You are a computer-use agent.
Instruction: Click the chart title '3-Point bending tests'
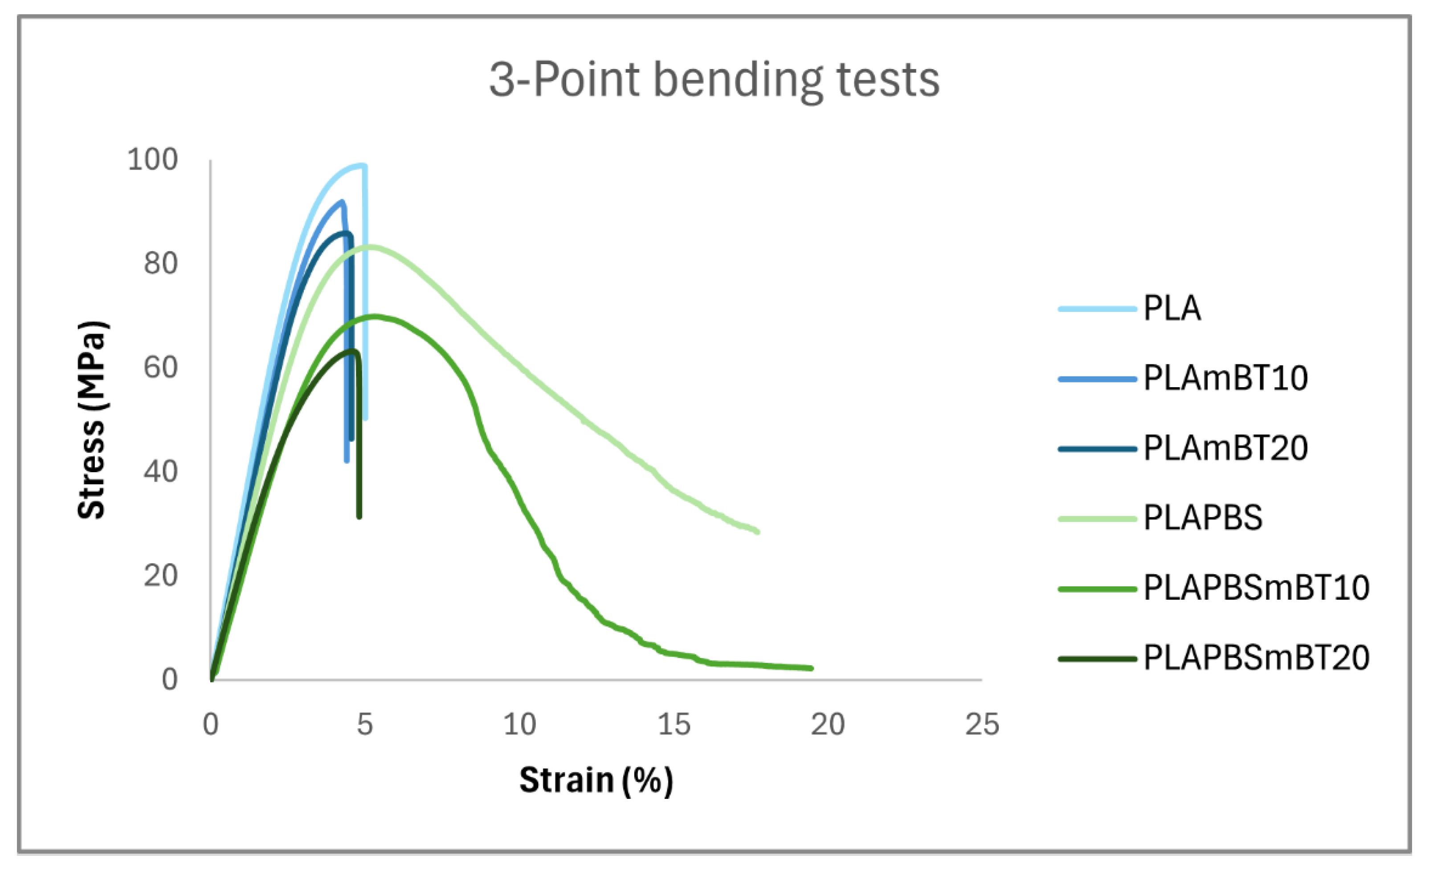[x=714, y=80]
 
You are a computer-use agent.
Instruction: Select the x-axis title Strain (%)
[x=596, y=780]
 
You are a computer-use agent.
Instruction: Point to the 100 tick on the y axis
[x=152, y=159]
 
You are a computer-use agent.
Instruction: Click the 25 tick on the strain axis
[x=982, y=724]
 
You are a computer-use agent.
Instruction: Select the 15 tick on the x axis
[x=674, y=724]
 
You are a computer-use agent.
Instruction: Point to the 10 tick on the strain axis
[x=519, y=724]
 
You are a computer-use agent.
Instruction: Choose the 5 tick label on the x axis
[x=365, y=724]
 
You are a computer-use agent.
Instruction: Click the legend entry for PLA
[x=1172, y=308]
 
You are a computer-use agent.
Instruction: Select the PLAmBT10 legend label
[x=1225, y=379]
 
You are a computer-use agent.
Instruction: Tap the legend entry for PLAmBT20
[x=1225, y=448]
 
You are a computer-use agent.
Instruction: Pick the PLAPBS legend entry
[x=1202, y=518]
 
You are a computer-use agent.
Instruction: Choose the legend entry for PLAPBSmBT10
[x=1256, y=588]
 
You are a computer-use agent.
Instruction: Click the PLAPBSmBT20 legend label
[x=1256, y=658]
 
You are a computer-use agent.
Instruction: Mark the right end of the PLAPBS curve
[x=757, y=531]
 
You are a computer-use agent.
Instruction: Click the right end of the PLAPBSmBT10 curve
[x=811, y=668]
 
